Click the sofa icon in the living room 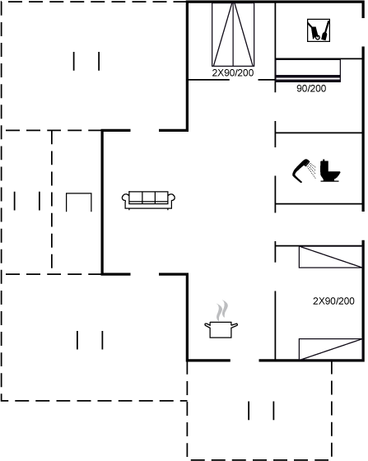pyautogui.click(x=148, y=200)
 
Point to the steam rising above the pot pyautogui.click(x=222, y=310)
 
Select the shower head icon pyautogui.click(x=304, y=171)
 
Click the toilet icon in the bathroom pyautogui.click(x=330, y=171)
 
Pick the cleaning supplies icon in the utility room pyautogui.click(x=319, y=30)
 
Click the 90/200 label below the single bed pyautogui.click(x=311, y=89)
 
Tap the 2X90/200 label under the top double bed pyautogui.click(x=233, y=73)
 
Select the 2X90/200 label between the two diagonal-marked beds pyautogui.click(x=333, y=301)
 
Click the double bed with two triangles pyautogui.click(x=233, y=35)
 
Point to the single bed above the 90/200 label pyautogui.click(x=308, y=70)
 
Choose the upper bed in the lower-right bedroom pyautogui.click(x=330, y=257)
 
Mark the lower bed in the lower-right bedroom pyautogui.click(x=330, y=349)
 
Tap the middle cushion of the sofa pyautogui.click(x=149, y=197)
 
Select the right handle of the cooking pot pyautogui.click(x=235, y=325)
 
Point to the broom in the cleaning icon pyautogui.click(x=326, y=30)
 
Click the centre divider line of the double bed pyautogui.click(x=233, y=35)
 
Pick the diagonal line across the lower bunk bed pyautogui.click(x=332, y=349)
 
